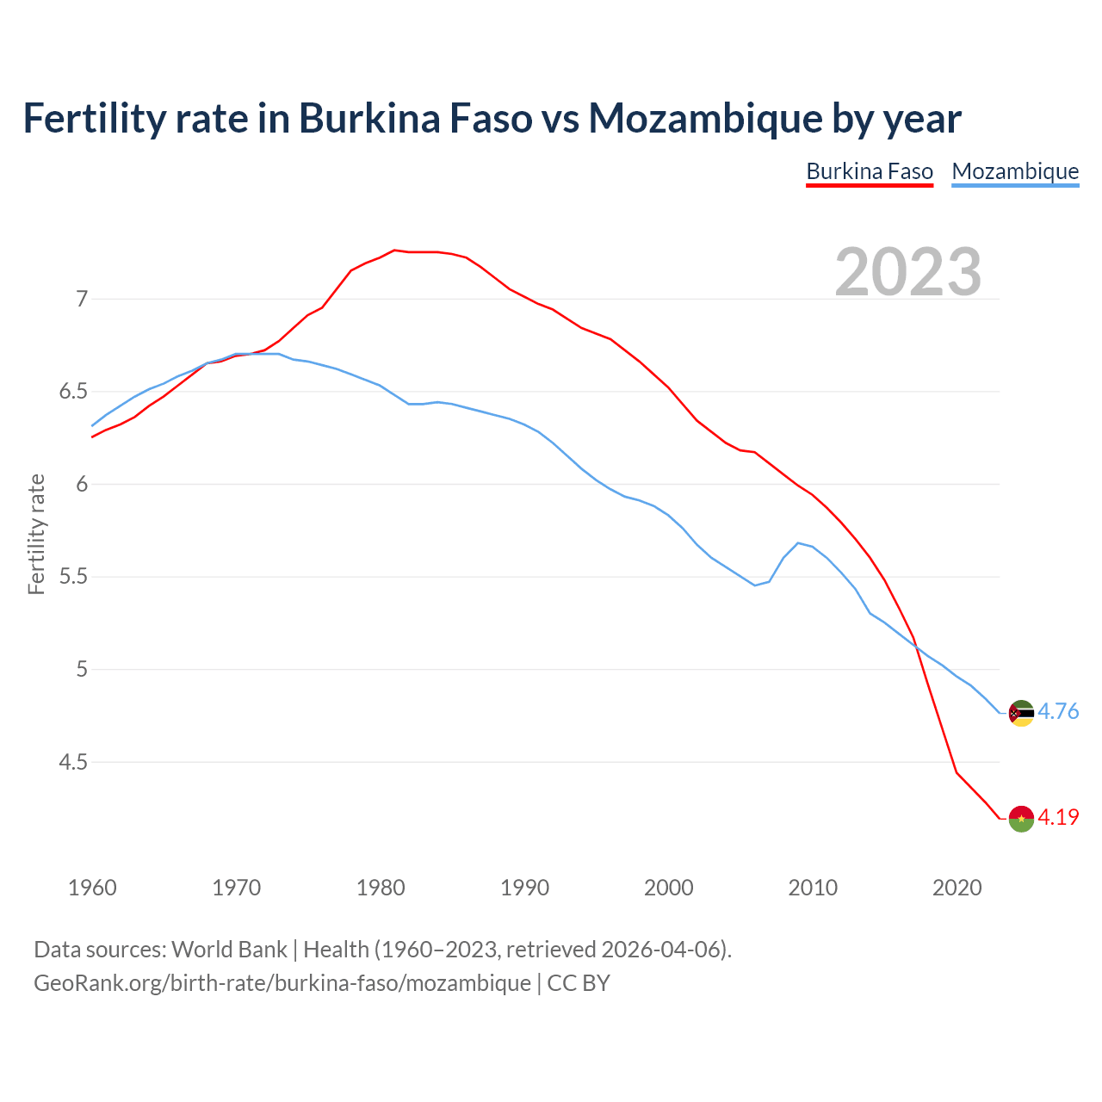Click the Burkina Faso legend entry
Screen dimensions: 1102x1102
click(870, 172)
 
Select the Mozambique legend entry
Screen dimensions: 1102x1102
click(1015, 172)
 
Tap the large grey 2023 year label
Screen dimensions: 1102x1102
click(908, 272)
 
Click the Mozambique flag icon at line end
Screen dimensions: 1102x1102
click(1021, 713)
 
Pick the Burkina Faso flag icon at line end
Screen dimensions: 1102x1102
click(1021, 818)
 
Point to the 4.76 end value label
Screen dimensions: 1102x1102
click(1058, 712)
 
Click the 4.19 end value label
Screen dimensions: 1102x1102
click(1058, 818)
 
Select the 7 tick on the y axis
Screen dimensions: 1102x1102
click(83, 300)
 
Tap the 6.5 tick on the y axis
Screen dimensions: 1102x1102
click(74, 392)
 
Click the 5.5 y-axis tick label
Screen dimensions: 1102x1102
click(74, 577)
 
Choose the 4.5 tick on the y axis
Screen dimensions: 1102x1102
click(74, 762)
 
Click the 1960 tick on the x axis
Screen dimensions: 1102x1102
click(92, 888)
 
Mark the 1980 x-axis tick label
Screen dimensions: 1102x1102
click(381, 888)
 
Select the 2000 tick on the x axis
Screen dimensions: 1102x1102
click(669, 888)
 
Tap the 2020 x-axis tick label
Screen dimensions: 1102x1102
click(957, 888)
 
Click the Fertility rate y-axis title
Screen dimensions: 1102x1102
click(36, 534)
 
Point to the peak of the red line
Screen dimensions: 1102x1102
click(394, 250)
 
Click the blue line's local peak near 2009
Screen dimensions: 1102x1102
click(798, 542)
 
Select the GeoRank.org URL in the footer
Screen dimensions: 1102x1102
click(282, 983)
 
